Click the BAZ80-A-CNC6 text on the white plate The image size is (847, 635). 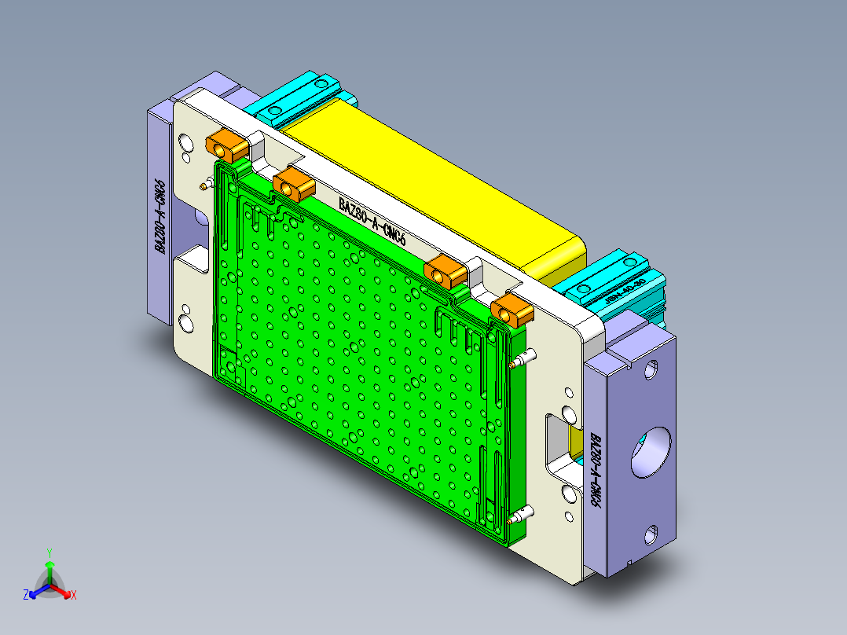372,220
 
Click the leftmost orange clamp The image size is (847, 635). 226,145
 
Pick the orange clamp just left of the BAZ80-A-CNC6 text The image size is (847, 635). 295,185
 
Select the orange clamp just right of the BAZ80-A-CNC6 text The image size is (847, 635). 445,271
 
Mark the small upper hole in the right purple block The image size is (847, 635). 651,369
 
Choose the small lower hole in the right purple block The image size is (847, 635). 651,536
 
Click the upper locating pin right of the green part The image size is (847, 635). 522,360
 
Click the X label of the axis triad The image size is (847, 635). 74,596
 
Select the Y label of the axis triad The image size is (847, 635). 49,552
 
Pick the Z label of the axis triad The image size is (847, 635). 26,596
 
